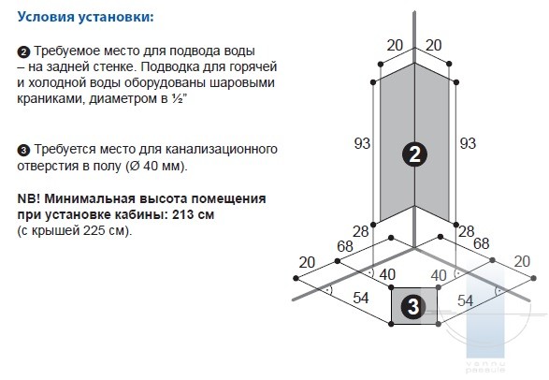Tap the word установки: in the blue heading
pyautogui.click(x=116, y=17)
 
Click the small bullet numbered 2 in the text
pyautogui.click(x=23, y=52)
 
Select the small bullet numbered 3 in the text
pyautogui.click(x=23, y=151)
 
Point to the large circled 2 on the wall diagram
pyautogui.click(x=414, y=154)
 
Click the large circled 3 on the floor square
pyautogui.click(x=413, y=306)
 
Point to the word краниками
pyautogui.click(x=51, y=99)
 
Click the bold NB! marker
pyautogui.click(x=29, y=199)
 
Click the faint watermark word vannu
pyautogui.click(x=484, y=364)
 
